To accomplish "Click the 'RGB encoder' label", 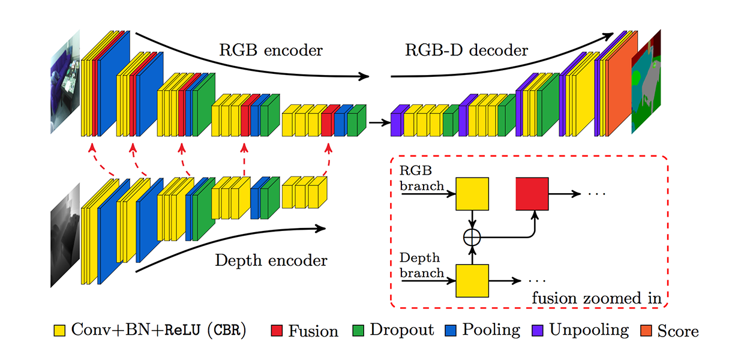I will (271, 50).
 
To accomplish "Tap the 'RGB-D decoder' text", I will (466, 50).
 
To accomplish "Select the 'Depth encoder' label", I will (271, 260).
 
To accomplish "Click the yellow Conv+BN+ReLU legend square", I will (59, 330).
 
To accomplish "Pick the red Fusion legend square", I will (277, 330).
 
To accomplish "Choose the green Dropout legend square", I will (358, 330).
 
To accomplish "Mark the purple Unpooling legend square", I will (538, 330).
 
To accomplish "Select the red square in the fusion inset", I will (532, 194).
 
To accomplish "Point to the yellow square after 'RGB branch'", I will (473, 194).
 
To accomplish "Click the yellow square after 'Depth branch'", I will (473, 280).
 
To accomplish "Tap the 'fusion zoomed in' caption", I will (596, 298).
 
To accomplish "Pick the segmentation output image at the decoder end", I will (646, 81).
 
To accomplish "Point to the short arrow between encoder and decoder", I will (376, 123).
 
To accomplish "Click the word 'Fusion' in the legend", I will (313, 331).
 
